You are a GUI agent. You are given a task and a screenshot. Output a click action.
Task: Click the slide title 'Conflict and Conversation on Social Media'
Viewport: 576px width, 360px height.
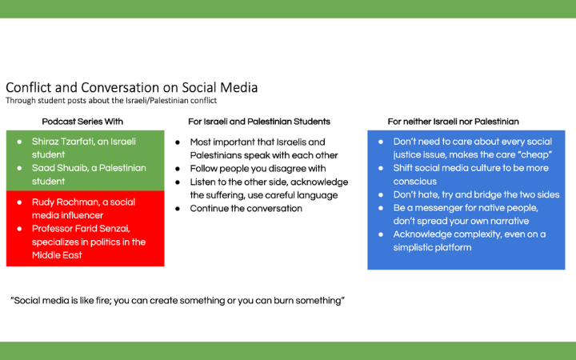point(131,87)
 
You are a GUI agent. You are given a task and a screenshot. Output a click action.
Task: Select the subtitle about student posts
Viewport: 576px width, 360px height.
point(111,101)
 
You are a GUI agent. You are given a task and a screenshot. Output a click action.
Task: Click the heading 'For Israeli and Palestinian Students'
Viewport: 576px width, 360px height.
point(258,122)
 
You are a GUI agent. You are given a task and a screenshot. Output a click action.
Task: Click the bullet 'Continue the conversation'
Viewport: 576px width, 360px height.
point(246,209)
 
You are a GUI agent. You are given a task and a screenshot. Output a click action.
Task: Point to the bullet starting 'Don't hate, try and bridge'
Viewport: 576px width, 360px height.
point(476,194)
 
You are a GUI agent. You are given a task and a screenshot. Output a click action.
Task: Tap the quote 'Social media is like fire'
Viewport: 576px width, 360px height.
point(178,300)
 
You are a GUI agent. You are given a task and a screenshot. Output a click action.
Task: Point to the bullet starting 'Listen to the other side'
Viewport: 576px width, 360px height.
point(268,189)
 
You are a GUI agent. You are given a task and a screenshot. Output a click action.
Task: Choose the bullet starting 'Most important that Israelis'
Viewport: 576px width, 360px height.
point(263,149)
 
